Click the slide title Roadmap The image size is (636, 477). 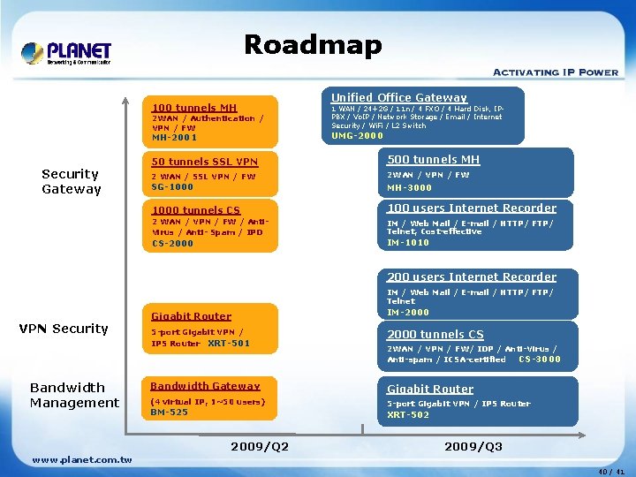(x=313, y=45)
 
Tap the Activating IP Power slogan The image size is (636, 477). (x=555, y=72)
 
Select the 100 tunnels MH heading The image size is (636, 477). (x=194, y=108)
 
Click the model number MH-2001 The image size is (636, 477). (x=175, y=138)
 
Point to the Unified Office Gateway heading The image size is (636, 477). (x=398, y=97)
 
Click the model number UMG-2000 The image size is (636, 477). (x=357, y=136)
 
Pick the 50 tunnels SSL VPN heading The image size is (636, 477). (x=205, y=162)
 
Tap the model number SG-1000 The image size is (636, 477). (x=172, y=187)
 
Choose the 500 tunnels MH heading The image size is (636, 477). (x=433, y=160)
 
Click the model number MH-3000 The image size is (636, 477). (x=410, y=188)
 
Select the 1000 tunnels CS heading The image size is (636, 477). (x=196, y=210)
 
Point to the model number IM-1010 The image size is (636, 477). (x=408, y=243)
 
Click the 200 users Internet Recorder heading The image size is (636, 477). (x=472, y=277)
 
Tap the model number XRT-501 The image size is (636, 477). (x=229, y=343)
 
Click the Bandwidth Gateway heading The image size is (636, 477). (x=205, y=386)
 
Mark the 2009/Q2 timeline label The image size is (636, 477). (x=260, y=447)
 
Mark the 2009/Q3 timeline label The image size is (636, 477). (x=473, y=447)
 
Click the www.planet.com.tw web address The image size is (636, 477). (x=81, y=459)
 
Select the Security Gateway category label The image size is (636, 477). (x=72, y=181)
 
